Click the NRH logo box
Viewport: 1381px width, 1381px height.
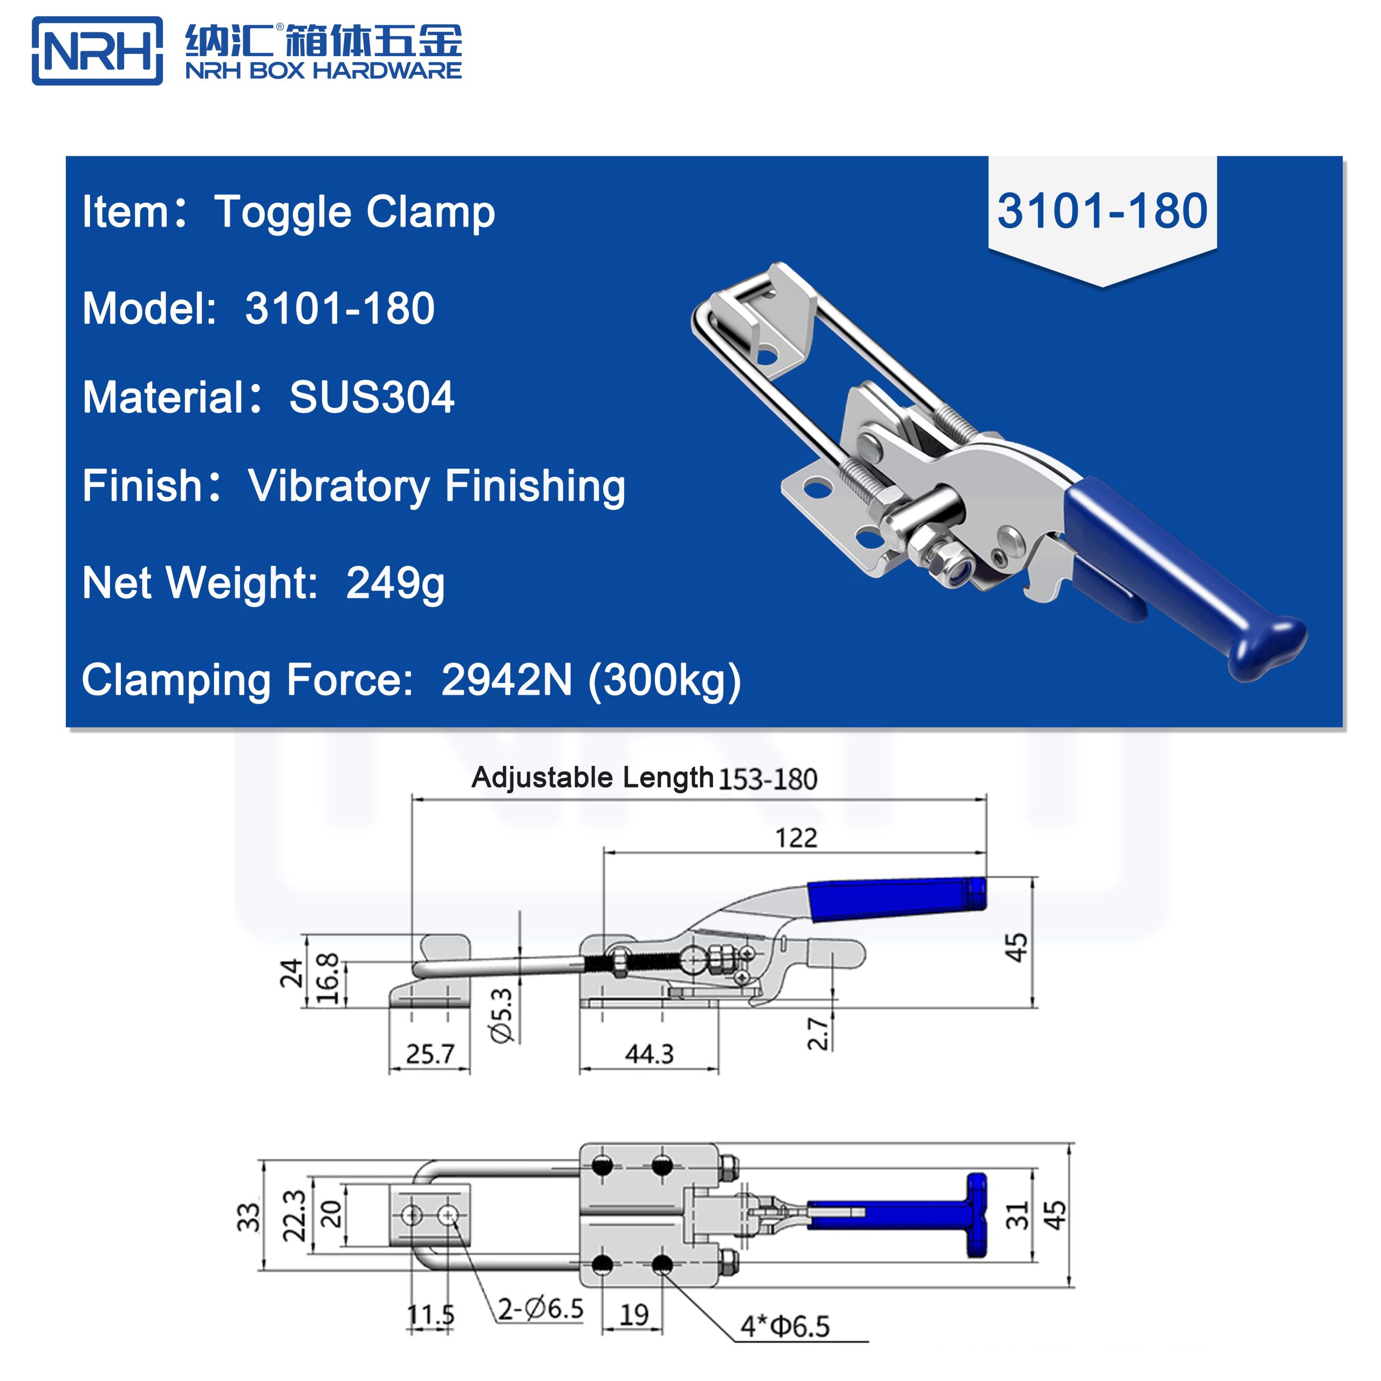(97, 51)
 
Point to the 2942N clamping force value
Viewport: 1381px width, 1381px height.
(506, 679)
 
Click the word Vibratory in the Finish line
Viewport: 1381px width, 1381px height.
(338, 486)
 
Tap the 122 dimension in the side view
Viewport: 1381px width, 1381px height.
(796, 838)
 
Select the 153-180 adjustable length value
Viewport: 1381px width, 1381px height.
(767, 779)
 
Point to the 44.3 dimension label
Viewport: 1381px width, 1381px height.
(649, 1054)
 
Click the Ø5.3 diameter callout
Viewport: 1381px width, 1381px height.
(503, 1015)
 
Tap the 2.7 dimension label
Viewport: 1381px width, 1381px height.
(818, 1034)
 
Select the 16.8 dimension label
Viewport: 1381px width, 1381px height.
(327, 979)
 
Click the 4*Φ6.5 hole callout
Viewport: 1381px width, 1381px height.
(784, 1327)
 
